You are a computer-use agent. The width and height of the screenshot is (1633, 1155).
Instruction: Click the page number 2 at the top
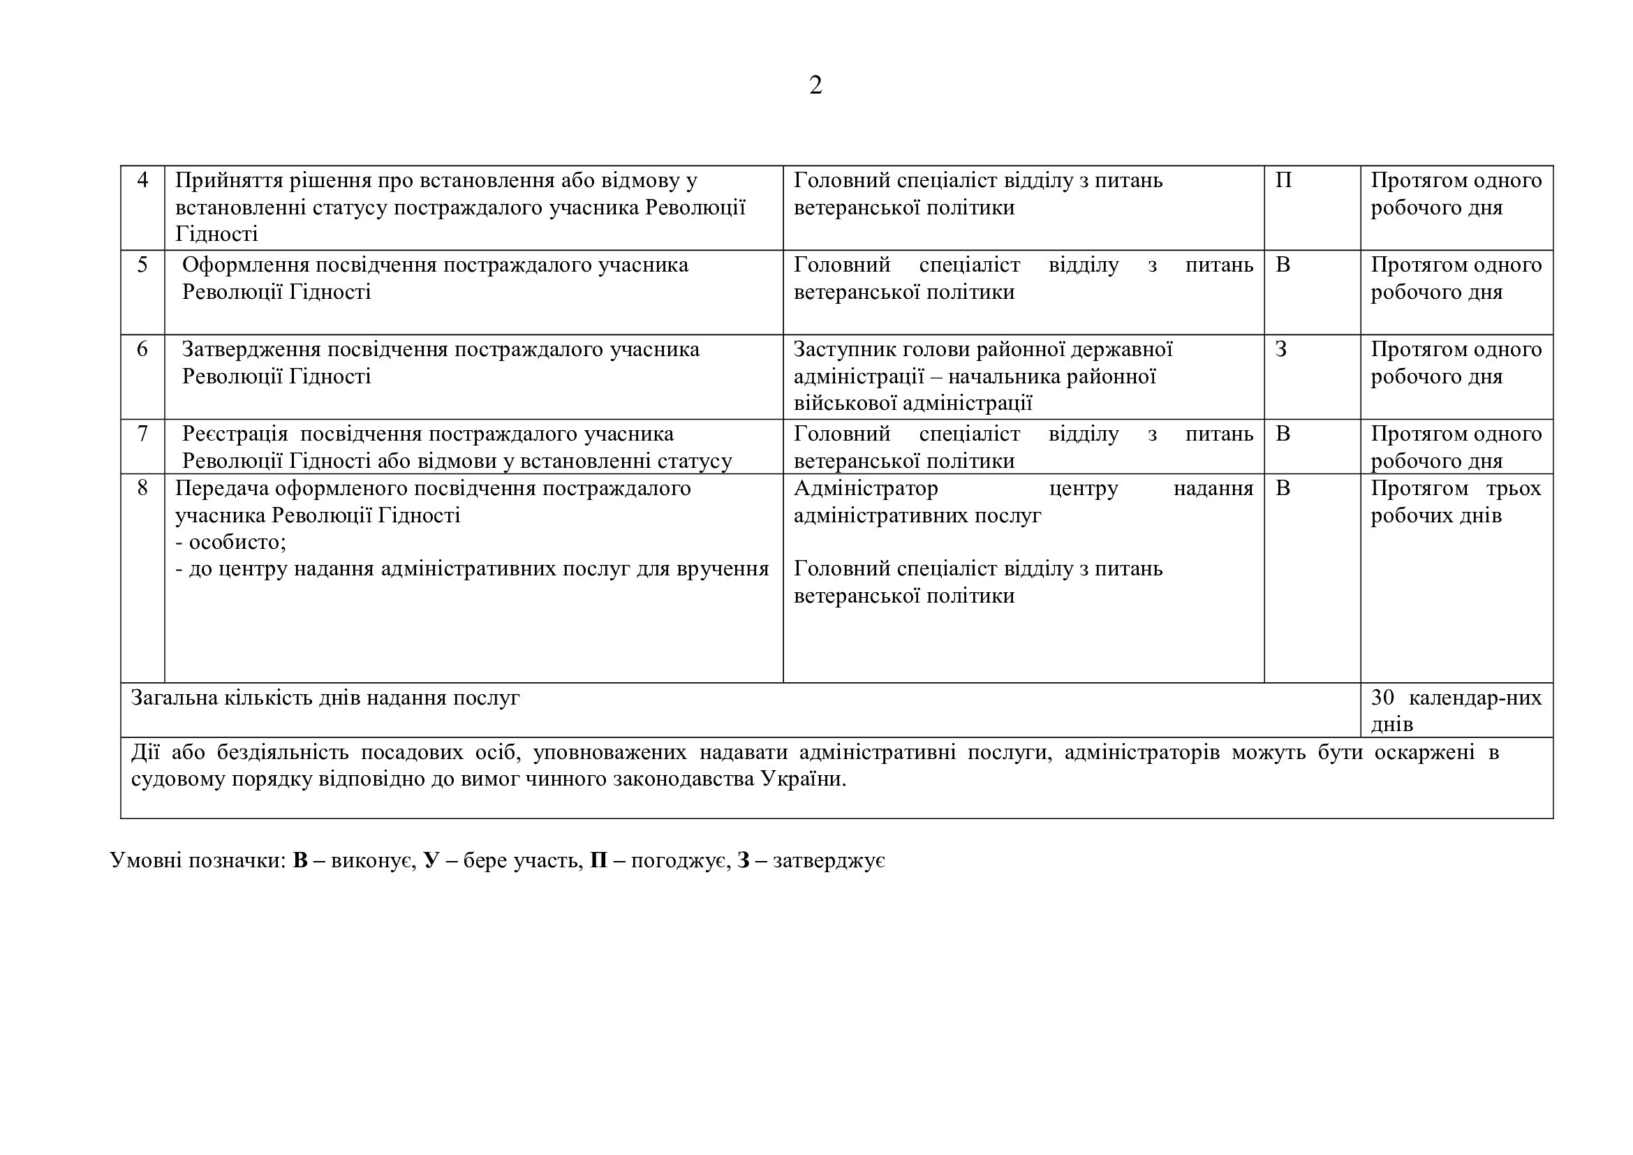click(815, 85)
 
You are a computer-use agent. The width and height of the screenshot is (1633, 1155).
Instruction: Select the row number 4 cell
click(142, 180)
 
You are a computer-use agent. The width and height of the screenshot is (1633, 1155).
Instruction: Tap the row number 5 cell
click(142, 265)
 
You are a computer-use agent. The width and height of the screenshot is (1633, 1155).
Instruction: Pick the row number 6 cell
click(142, 349)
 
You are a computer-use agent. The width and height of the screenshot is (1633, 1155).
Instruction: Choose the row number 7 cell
click(142, 433)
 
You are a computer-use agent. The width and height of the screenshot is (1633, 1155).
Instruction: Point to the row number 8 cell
click(142, 488)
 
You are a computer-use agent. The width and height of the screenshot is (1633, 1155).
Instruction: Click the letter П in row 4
click(1283, 180)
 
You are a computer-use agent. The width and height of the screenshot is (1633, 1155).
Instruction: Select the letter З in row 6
click(1281, 349)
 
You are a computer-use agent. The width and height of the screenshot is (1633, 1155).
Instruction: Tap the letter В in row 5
click(1283, 265)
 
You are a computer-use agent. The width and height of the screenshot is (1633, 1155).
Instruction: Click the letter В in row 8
click(1283, 488)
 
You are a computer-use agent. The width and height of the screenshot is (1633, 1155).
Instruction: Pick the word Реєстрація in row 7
click(235, 434)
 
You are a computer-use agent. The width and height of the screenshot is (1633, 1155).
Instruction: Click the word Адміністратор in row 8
click(866, 489)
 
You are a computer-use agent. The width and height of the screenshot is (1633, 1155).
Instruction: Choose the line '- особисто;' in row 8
click(230, 542)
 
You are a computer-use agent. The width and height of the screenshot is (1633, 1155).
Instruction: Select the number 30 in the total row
click(1382, 697)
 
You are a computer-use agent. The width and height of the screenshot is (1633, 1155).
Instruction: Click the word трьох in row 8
click(1514, 489)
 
